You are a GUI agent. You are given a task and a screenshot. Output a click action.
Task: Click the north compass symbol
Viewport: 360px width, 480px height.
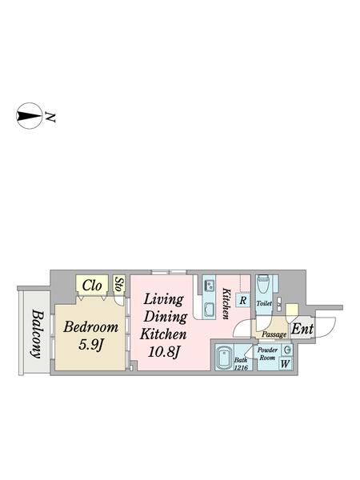point(29,115)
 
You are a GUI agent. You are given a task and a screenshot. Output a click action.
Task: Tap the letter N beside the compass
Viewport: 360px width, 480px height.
point(50,117)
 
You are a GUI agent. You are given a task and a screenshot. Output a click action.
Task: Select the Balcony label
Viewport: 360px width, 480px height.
point(37,334)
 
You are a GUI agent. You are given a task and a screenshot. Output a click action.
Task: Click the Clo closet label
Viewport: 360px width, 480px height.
point(92,286)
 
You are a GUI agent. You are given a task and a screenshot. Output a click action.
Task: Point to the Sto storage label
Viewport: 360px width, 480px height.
point(119,284)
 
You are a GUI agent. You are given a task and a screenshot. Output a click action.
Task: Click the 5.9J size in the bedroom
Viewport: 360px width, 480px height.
point(90,345)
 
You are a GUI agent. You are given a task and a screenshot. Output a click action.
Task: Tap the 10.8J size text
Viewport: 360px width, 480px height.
point(163,352)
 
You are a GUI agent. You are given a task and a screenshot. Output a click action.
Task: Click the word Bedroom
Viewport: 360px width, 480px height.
point(90,327)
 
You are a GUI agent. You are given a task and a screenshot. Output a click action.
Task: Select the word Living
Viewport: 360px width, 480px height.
point(163,300)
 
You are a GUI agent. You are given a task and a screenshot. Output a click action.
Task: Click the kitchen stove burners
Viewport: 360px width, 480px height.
point(210,286)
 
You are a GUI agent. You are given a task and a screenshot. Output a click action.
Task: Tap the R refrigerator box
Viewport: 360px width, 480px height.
point(242,300)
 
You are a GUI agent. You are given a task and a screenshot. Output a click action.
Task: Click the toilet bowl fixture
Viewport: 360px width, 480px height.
point(262,285)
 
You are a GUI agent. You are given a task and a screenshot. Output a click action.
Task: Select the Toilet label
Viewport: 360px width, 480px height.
point(264,304)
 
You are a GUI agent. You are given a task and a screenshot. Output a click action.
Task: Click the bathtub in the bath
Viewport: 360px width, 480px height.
point(224,358)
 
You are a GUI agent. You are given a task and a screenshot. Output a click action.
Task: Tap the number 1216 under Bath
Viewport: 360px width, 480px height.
point(242,368)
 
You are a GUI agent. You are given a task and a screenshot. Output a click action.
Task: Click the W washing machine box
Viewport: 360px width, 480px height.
point(285,364)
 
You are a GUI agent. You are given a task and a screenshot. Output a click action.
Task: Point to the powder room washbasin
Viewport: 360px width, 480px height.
point(287,350)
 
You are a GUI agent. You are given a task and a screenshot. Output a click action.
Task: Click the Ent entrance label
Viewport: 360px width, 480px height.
point(302,329)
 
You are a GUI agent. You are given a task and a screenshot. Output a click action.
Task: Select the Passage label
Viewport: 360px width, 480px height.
point(274,334)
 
